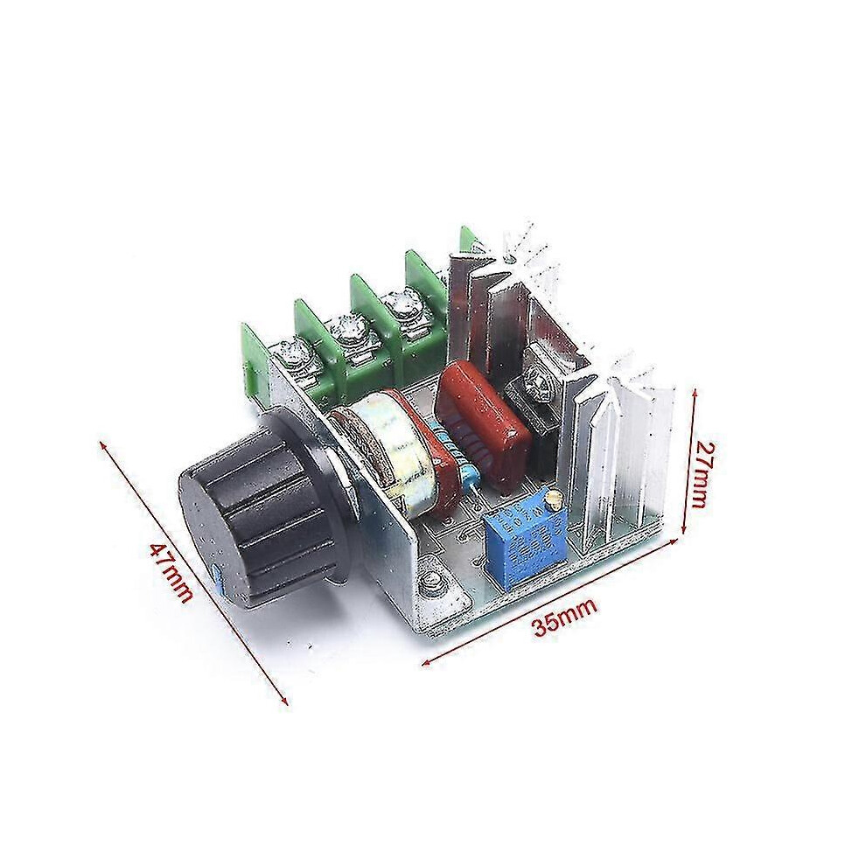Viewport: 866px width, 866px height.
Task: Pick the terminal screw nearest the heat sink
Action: pyautogui.click(x=402, y=304)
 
